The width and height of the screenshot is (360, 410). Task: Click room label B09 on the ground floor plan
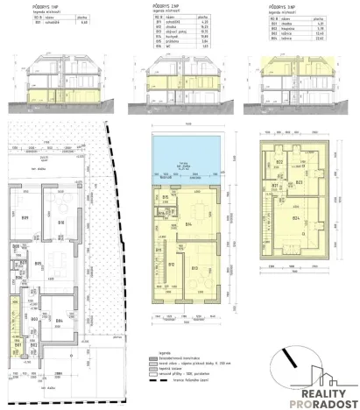pyautogui.click(x=25, y=216)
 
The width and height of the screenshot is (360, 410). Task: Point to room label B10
pyautogui.click(x=61, y=222)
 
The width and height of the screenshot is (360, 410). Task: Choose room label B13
pyautogui.click(x=195, y=268)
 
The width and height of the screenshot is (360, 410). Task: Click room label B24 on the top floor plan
pyautogui.click(x=295, y=218)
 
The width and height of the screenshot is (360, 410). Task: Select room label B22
pyautogui.click(x=279, y=163)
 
